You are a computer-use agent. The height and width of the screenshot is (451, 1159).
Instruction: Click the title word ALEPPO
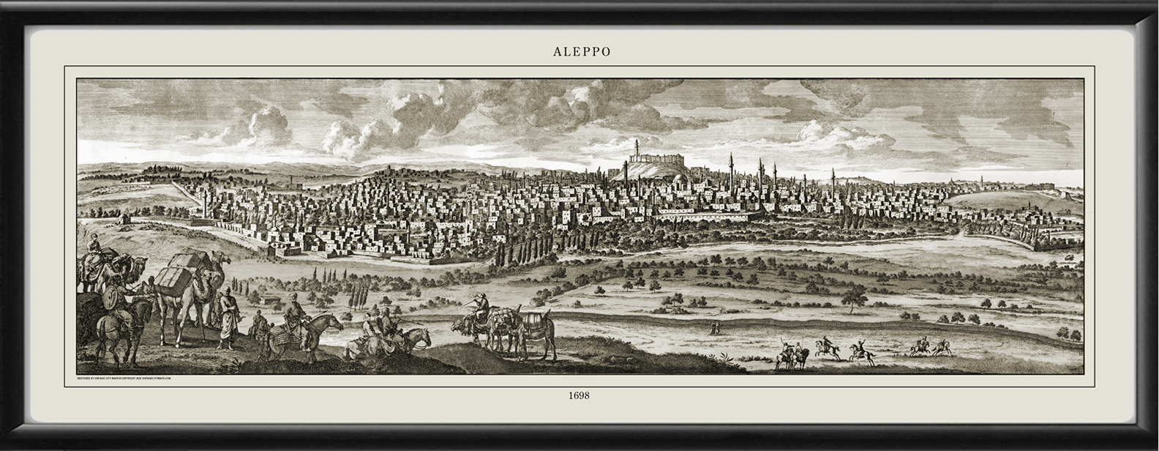coord(581,52)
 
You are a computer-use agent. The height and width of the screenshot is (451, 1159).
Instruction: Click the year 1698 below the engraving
coord(579,395)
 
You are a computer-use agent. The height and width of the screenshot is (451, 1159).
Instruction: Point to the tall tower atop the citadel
coord(636,148)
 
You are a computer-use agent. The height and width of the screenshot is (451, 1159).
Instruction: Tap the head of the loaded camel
coord(222,258)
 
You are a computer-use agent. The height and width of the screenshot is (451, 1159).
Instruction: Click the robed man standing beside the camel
coord(229,318)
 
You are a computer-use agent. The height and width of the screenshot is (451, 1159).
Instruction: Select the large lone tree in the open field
coord(853,297)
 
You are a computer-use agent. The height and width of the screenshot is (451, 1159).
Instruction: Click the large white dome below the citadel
coord(680,179)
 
